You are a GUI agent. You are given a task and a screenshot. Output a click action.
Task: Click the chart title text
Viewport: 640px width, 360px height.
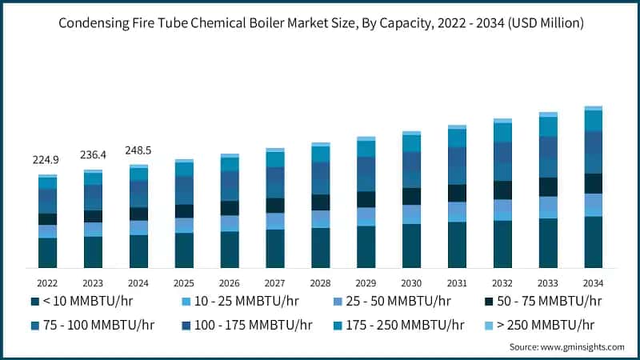(x=320, y=24)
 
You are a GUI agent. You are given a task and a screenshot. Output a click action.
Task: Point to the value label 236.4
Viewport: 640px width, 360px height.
(x=93, y=154)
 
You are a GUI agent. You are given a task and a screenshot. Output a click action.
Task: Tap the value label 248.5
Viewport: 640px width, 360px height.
(x=138, y=150)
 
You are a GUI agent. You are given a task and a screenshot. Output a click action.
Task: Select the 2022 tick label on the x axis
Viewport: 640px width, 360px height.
(x=47, y=283)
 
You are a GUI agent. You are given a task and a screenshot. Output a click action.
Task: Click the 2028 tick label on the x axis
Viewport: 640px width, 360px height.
(x=321, y=283)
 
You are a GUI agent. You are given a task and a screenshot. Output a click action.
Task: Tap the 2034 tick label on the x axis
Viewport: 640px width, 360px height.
(x=594, y=283)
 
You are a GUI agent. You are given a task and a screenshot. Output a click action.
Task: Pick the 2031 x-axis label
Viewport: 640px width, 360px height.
(x=457, y=283)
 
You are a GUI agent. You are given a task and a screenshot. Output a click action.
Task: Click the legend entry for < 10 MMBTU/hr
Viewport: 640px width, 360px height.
(x=81, y=301)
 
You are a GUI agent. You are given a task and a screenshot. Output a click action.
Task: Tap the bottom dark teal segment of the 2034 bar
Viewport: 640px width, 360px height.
(x=594, y=242)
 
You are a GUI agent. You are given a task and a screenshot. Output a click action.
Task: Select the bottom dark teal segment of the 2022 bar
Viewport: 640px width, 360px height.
(x=47, y=253)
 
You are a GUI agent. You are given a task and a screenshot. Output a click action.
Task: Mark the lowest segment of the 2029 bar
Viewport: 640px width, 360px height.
(x=366, y=246)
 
